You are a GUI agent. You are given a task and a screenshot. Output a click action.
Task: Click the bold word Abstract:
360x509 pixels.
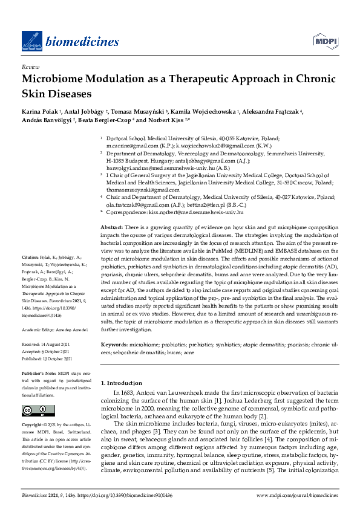point(113,225)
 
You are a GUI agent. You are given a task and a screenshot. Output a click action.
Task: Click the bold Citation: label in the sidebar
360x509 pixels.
point(30,273)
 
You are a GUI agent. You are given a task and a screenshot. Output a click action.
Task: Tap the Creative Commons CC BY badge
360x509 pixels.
point(34,411)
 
